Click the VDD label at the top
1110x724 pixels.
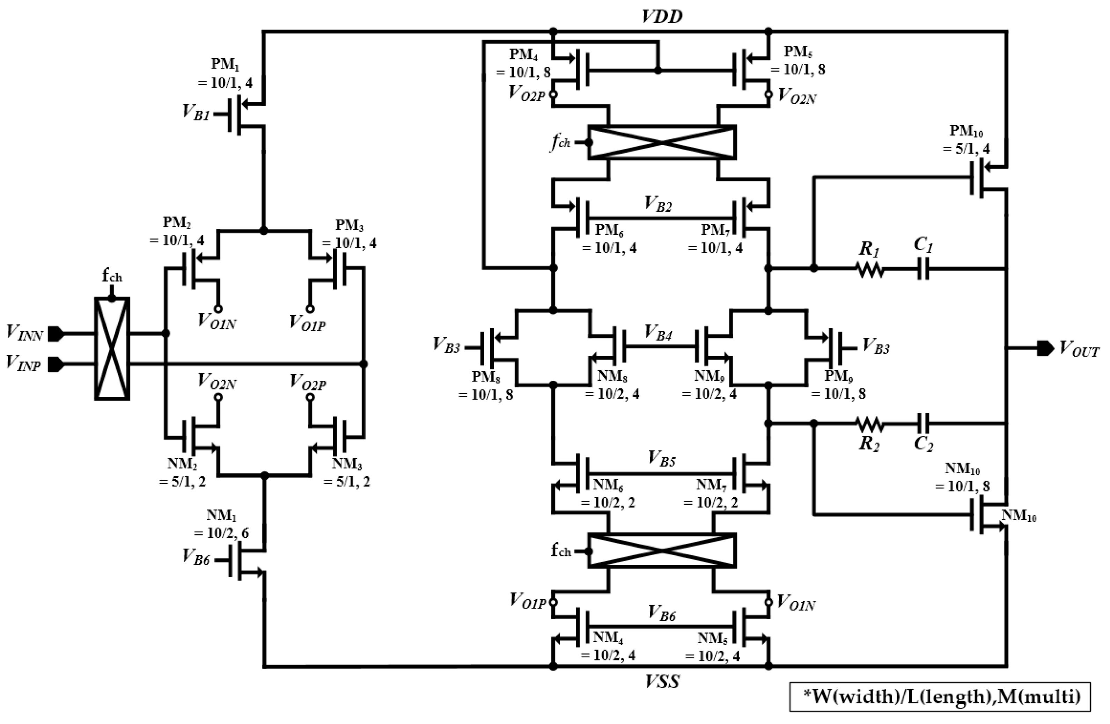coord(662,16)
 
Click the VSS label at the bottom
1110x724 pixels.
coord(662,682)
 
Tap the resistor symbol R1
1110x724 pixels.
coord(869,269)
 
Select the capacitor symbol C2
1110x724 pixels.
coord(923,424)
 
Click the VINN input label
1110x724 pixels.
coord(24,334)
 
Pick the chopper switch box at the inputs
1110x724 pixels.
coord(112,349)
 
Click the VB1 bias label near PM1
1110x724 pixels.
coord(196,112)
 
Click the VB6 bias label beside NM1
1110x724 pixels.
coord(196,556)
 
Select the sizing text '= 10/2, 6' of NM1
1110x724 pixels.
coord(221,533)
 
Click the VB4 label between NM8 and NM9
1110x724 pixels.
coord(658,332)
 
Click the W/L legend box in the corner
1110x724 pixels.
coord(940,696)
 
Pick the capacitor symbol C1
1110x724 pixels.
coord(923,269)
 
